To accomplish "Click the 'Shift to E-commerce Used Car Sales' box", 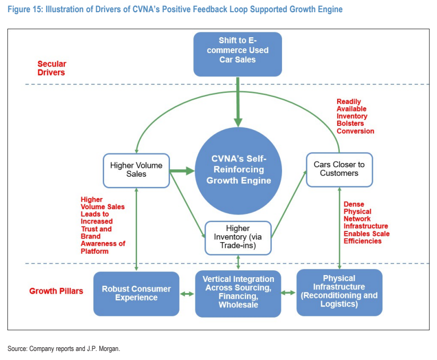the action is (238, 54).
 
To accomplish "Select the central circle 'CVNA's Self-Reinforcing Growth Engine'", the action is (238, 171).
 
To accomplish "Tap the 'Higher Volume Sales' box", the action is (136, 170).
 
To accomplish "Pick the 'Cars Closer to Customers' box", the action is (339, 170).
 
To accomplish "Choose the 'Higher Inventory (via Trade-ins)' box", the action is (238, 238).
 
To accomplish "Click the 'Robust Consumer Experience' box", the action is (136, 294).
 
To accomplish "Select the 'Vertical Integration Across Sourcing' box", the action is (238, 294).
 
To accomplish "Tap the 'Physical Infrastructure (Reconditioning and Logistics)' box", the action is (339, 292).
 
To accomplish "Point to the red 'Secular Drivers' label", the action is (52, 68).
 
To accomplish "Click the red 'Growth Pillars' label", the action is (56, 291).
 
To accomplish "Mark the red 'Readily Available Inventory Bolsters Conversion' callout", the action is (355, 116).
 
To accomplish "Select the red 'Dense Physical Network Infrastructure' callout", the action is (366, 222).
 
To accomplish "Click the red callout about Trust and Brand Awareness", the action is (103, 226).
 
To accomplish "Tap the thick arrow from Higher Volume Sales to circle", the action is (182, 171).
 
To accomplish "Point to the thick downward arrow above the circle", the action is (238, 102).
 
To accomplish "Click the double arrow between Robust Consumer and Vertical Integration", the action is (187, 294).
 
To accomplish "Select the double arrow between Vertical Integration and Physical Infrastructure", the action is (288, 293).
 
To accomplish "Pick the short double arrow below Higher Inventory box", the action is (238, 262).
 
